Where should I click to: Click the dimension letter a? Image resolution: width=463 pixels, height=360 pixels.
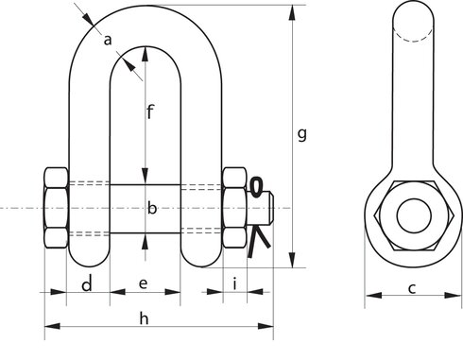[x=108, y=41]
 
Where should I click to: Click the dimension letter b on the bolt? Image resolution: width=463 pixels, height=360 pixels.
[x=152, y=208]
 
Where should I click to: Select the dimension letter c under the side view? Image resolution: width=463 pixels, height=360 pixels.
[x=412, y=288]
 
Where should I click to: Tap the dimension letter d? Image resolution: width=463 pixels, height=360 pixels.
[x=87, y=283]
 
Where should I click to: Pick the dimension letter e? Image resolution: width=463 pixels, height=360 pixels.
[x=144, y=283]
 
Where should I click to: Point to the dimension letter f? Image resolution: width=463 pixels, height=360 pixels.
[x=150, y=111]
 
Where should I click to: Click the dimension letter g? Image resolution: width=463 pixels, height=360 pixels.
[x=302, y=135]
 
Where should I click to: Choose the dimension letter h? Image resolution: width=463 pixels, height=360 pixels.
[x=144, y=318]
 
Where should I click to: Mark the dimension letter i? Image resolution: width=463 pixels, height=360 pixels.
[x=235, y=283]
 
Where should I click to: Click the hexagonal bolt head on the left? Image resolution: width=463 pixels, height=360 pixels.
[x=56, y=208]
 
